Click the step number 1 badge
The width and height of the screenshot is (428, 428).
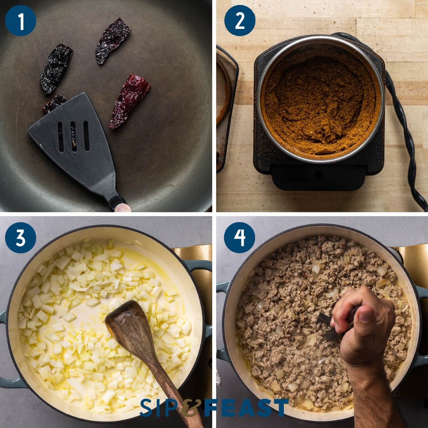click(20, 21)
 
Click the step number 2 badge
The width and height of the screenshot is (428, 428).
click(240, 21)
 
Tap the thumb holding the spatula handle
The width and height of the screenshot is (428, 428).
click(123, 208)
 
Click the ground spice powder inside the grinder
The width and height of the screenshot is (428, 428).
click(320, 105)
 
